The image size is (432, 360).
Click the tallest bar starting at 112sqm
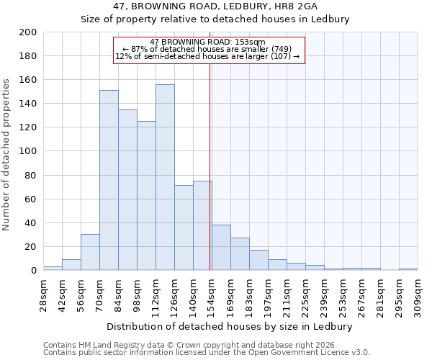(165, 178)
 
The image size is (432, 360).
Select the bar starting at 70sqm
(109, 180)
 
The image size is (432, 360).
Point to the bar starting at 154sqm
(221, 248)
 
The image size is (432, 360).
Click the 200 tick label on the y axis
(28, 32)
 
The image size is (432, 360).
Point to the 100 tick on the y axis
(28, 151)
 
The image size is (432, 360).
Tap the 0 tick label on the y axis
(33, 271)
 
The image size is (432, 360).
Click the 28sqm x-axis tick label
(43, 294)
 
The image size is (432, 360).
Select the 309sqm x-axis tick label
(418, 294)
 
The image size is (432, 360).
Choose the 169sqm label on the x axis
(230, 294)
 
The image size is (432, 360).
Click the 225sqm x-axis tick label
(305, 294)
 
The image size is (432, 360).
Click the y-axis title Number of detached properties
(6, 151)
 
